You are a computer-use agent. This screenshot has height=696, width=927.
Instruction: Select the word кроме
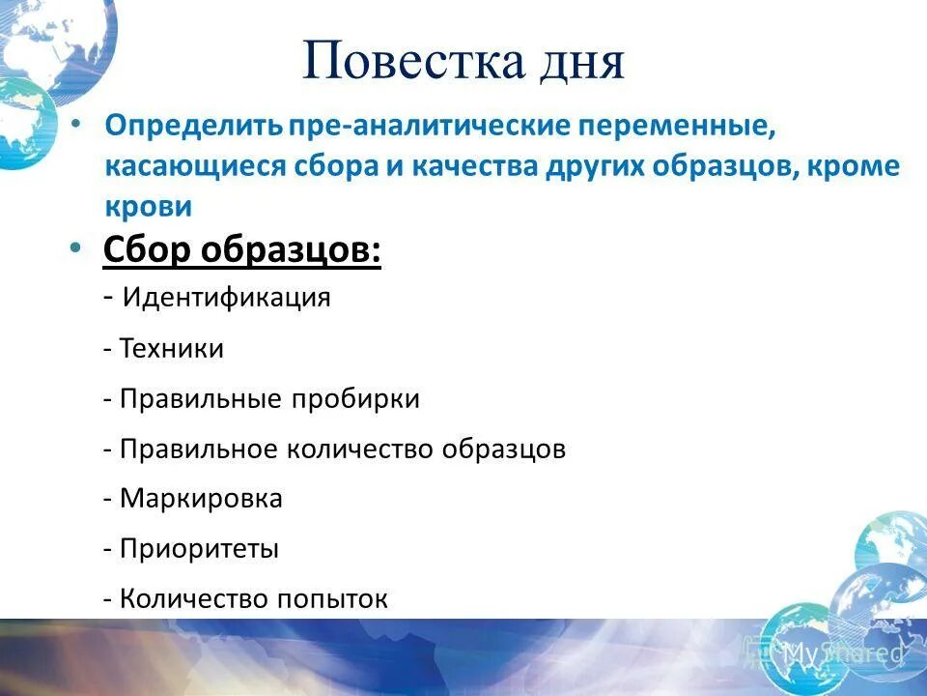pyautogui.click(x=856, y=166)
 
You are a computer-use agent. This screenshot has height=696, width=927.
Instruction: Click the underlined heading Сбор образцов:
pyautogui.click(x=241, y=252)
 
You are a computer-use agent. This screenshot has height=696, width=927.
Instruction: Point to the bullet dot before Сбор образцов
pyautogui.click(x=76, y=248)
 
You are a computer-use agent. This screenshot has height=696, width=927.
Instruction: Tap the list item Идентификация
pyautogui.click(x=226, y=298)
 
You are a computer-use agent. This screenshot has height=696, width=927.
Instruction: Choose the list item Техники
pyautogui.click(x=172, y=349)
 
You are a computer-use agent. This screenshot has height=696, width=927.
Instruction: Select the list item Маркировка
pyautogui.click(x=201, y=499)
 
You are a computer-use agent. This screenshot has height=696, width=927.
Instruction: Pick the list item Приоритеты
pyautogui.click(x=199, y=549)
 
